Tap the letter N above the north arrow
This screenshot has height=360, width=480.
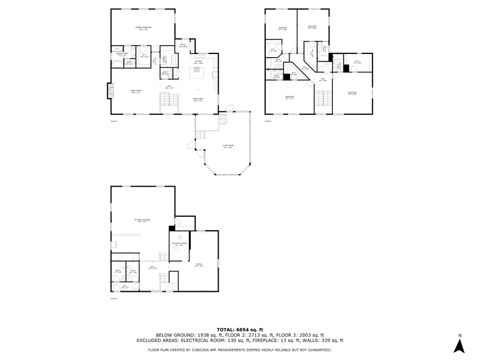coord(458,335)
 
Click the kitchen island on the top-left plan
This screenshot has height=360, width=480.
coord(198,71)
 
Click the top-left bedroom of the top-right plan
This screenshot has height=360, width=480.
coord(281,30)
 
